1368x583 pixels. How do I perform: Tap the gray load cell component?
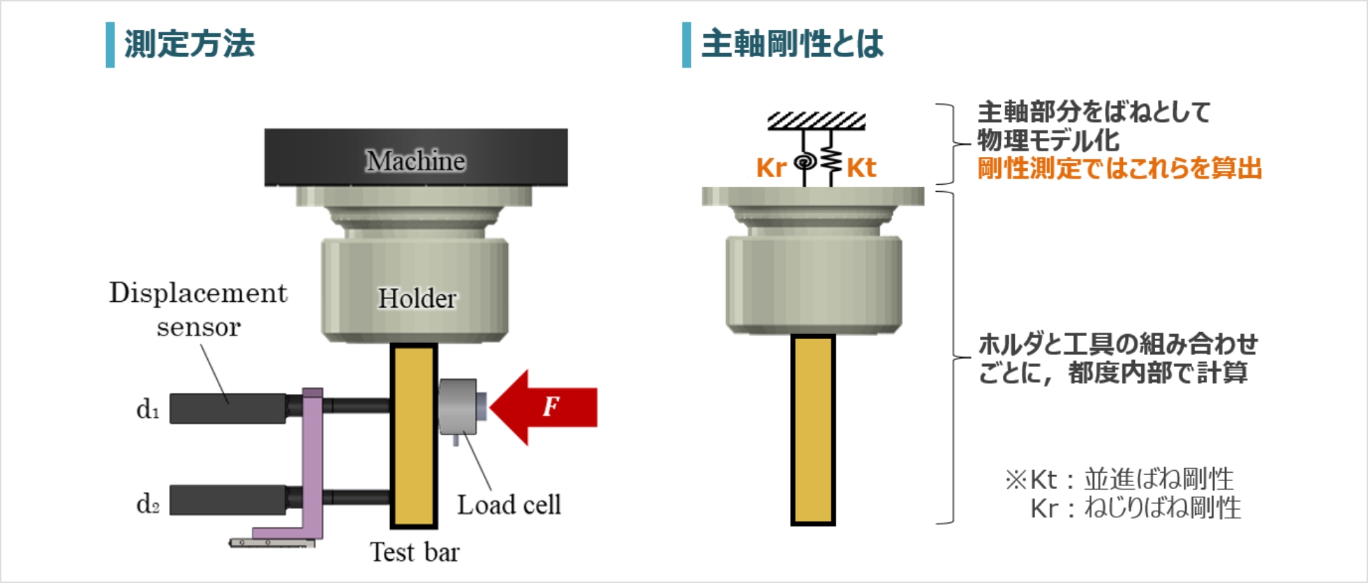pos(458,407)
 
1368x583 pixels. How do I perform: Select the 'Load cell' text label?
pos(509,505)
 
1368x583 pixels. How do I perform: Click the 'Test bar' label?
pos(415,552)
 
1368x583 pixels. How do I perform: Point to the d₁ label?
pos(148,409)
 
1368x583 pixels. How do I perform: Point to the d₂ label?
pos(148,503)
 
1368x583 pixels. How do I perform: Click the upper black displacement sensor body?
pos(227,409)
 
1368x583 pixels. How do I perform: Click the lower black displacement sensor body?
pos(227,500)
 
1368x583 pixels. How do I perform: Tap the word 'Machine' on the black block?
pos(416,161)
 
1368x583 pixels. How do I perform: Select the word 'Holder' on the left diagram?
pos(417,298)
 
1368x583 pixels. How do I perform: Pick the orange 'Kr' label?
pos(771,168)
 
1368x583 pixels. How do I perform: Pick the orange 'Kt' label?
pos(861,168)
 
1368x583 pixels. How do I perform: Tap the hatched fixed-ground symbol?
pos(817,121)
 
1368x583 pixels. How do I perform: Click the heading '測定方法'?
pos(189,44)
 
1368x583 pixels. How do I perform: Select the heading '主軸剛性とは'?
pos(792,44)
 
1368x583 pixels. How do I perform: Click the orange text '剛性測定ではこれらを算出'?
pos(1120,169)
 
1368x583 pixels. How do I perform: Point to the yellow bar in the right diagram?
pos(813,429)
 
